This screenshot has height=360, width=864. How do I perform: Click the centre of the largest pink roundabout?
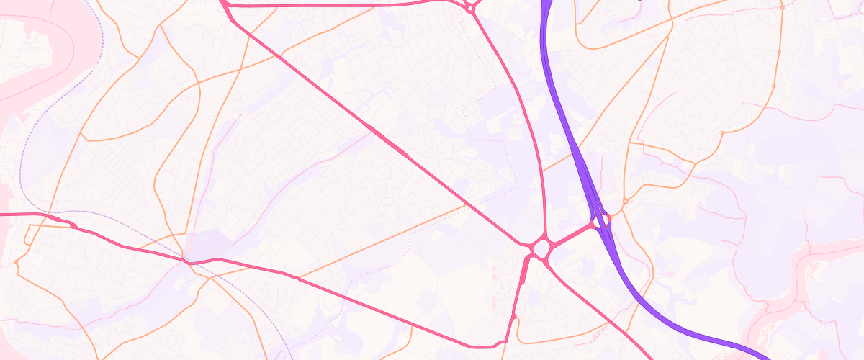541,249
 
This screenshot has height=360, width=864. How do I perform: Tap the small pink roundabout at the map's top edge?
471,7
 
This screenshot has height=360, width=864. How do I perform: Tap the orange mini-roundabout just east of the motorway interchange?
626,200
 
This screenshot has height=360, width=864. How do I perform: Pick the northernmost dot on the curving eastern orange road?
782,7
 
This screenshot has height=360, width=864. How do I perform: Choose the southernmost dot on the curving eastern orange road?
723,132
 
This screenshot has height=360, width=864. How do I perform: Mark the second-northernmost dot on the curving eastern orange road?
779,52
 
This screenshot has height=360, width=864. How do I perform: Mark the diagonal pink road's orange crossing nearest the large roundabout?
468,204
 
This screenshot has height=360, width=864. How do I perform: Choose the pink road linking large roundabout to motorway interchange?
572,235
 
